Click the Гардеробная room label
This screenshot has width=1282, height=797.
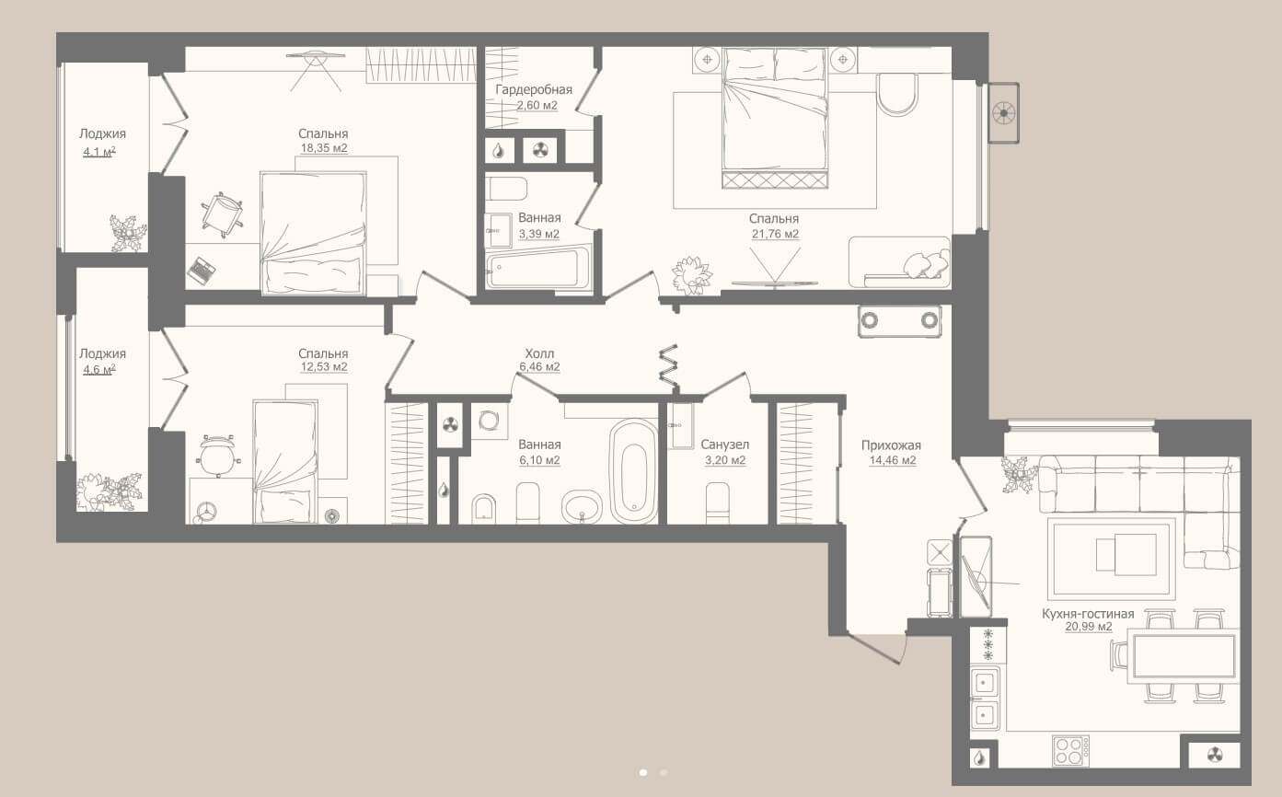tap(534, 90)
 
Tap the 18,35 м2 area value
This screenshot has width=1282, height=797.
tap(324, 148)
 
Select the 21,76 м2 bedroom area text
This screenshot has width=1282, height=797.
tap(775, 234)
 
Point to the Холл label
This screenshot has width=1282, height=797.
tap(539, 353)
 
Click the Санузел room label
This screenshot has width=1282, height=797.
tap(724, 445)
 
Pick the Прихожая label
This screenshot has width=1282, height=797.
tap(891, 445)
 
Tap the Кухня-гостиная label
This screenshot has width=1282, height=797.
tap(1088, 614)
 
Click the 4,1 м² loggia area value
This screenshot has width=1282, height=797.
tap(99, 152)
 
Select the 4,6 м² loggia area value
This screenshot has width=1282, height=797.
tap(99, 370)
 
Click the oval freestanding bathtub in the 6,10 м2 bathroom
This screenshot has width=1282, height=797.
tap(633, 471)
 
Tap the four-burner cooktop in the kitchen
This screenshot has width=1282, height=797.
tap(1070, 751)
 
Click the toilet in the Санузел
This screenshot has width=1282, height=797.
tap(717, 502)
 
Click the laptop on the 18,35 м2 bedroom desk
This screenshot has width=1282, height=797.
tap(202, 270)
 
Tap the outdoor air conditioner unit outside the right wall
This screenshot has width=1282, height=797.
tap(1003, 112)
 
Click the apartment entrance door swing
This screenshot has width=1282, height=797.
tap(878, 648)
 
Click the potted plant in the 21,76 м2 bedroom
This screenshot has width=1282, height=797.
tap(692, 276)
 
